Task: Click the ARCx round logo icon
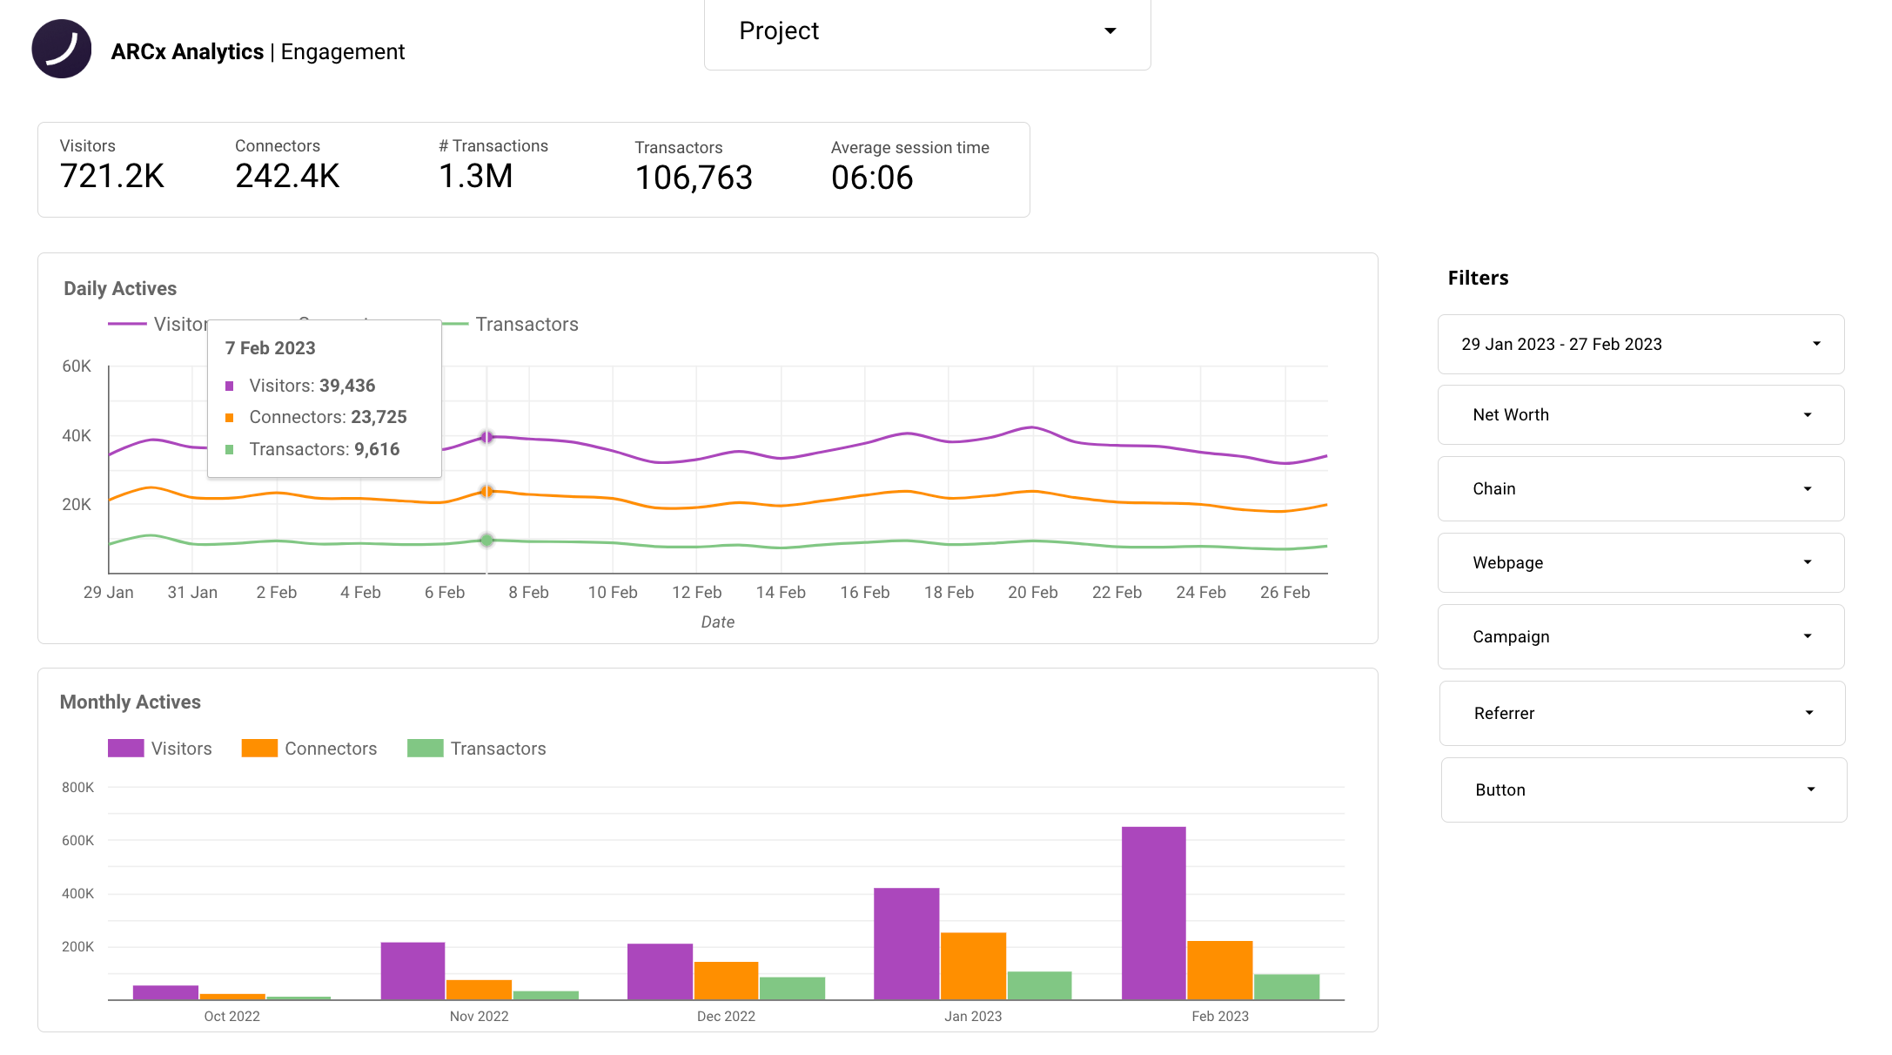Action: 62,49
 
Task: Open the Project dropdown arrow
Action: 1110,31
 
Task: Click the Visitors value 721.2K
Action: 112,177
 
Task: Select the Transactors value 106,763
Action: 694,178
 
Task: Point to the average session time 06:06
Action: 872,178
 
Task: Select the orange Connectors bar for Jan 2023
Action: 973,965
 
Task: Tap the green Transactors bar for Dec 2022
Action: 792,988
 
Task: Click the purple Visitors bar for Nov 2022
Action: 413,971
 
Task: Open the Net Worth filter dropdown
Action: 1640,415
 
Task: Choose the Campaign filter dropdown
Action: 1640,637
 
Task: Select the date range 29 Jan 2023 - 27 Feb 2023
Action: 1640,345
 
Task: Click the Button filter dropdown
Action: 1643,790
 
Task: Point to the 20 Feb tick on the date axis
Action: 1032,593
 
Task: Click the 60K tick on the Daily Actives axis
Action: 77,366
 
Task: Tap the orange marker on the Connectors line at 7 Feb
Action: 486,492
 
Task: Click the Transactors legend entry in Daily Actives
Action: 526,325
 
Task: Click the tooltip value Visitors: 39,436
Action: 312,386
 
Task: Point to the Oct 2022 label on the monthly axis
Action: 231,1017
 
